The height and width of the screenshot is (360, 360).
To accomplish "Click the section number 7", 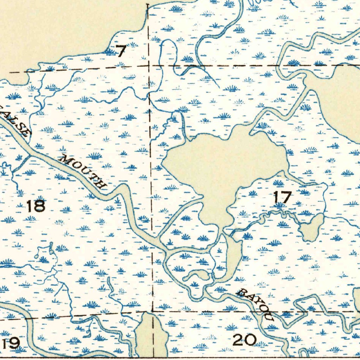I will coord(121,52).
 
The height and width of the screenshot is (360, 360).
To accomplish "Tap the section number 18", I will coord(36,206).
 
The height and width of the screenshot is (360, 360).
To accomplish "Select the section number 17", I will coord(283,197).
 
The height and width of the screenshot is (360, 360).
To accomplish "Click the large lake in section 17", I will coord(218,162).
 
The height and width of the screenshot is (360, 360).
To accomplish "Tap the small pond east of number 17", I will coord(311,229).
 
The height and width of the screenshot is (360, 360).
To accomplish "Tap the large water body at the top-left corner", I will coord(63,25).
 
